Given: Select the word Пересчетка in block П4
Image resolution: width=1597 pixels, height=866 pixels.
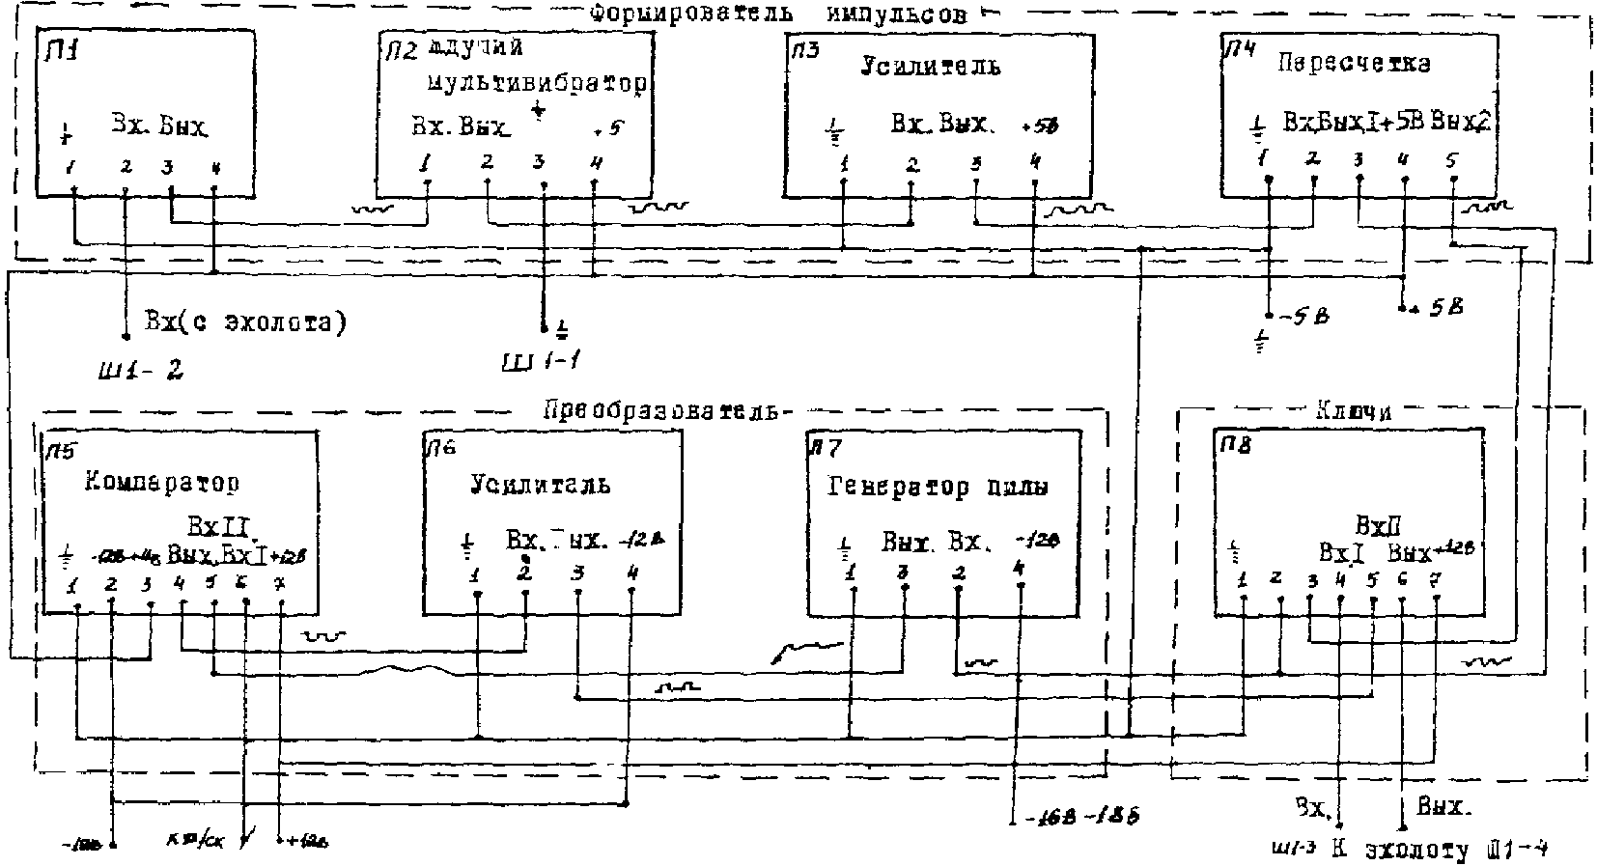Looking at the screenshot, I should point(1354,64).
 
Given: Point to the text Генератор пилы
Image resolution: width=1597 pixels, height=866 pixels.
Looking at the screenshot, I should point(938,487).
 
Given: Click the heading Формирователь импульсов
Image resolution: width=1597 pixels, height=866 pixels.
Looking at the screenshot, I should point(777,14).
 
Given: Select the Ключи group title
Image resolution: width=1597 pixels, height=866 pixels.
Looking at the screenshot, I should point(1353,410).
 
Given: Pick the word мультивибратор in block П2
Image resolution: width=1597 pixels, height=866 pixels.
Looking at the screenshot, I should point(536,84).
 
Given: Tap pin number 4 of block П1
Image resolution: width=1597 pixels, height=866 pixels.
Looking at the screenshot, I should point(214,167).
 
